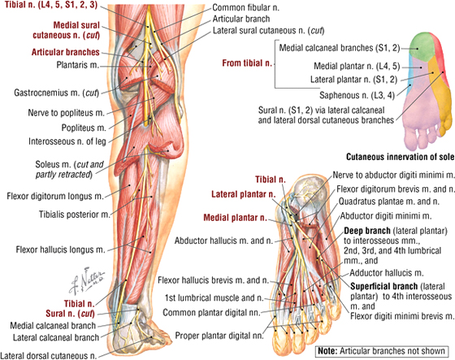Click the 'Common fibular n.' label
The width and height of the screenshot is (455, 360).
245,7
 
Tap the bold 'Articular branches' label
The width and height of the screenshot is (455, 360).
66,52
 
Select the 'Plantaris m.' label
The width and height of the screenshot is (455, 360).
78,65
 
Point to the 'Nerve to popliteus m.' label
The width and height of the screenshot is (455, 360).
66,113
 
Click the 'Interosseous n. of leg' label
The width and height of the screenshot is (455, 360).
67,141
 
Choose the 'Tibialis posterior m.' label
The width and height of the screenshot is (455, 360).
75,215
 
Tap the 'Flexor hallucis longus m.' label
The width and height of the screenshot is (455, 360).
60,249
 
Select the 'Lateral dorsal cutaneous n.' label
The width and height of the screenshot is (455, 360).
49,355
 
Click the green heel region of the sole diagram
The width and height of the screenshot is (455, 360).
422,47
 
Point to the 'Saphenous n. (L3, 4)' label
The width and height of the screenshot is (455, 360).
357,95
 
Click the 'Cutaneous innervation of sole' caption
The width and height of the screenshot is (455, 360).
400,157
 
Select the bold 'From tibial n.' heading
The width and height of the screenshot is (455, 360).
247,63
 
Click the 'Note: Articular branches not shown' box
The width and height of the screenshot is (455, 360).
382,351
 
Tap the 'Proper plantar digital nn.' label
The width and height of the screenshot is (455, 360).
219,336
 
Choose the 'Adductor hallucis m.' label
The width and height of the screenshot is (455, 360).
387,273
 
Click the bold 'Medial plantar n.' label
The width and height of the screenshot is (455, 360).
235,218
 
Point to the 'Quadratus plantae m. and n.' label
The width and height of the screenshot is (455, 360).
389,202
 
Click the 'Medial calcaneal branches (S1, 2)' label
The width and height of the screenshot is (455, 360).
340,48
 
